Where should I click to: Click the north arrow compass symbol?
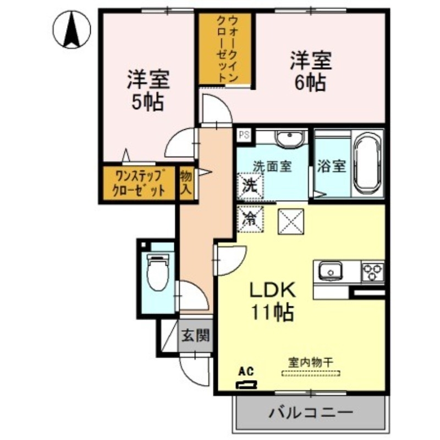(x=71, y=30)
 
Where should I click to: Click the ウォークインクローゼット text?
(x=226, y=50)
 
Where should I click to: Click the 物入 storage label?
(x=186, y=184)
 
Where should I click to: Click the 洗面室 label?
(x=272, y=166)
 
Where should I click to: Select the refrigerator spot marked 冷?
(x=250, y=219)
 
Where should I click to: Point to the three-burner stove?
(x=372, y=271)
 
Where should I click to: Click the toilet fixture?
(x=157, y=272)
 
